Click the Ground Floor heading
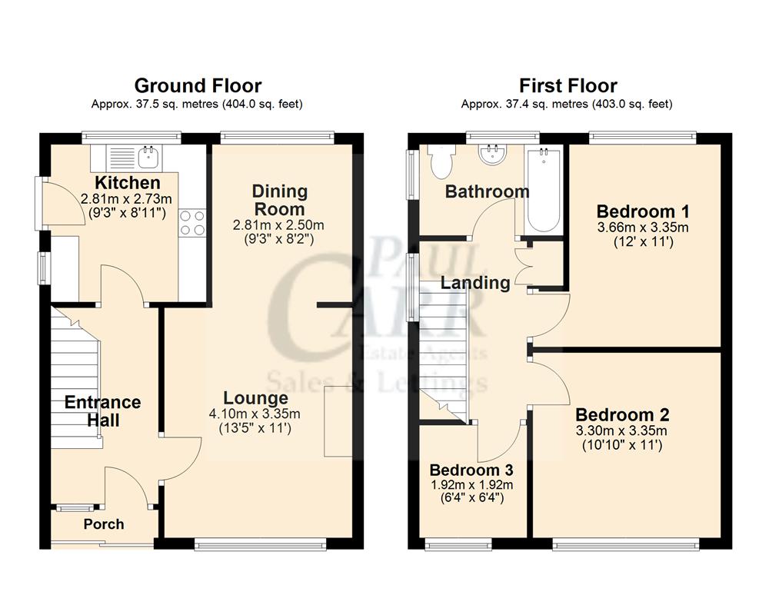click(198, 85)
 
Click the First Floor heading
click(568, 85)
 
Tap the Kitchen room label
click(127, 183)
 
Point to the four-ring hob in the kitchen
click(191, 221)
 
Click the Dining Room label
click(280, 200)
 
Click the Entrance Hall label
click(102, 411)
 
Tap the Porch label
click(104, 524)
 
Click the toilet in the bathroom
click(442, 161)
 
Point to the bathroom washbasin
click(491, 156)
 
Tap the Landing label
click(475, 282)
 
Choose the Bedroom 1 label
click(643, 211)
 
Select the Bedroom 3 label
click(471, 470)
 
